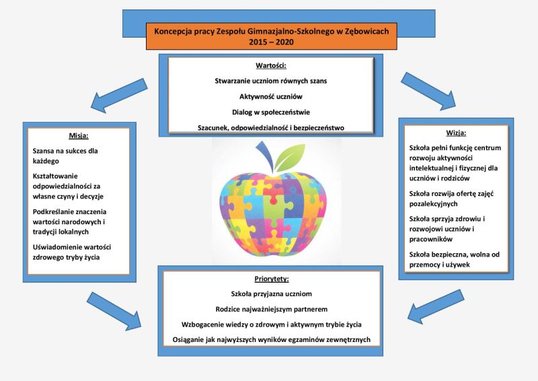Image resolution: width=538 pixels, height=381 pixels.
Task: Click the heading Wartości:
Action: pyautogui.click(x=271, y=65)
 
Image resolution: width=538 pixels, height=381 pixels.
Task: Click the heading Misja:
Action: pyautogui.click(x=79, y=136)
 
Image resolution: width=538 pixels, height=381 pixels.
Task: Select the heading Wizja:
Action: pyautogui.click(x=456, y=133)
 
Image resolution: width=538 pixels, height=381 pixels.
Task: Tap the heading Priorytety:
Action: pyautogui.click(x=272, y=279)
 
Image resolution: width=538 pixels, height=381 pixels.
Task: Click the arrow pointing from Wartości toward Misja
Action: pyautogui.click(x=119, y=96)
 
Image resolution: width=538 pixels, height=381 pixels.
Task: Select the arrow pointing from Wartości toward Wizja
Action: pyautogui.click(x=428, y=91)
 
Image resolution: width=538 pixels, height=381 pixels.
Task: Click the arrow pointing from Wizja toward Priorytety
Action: pyautogui.click(x=436, y=306)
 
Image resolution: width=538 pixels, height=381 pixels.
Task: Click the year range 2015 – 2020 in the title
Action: pyautogui.click(x=272, y=42)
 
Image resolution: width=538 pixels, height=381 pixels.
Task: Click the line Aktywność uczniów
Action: pyautogui.click(x=271, y=96)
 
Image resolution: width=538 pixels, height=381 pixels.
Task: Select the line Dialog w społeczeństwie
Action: pyautogui.click(x=271, y=112)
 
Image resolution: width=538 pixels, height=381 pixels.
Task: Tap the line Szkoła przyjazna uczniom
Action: pyautogui.click(x=272, y=293)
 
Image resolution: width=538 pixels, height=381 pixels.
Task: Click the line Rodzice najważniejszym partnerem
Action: pyautogui.click(x=272, y=309)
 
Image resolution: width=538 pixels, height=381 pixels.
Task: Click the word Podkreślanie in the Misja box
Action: pyautogui.click(x=52, y=211)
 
